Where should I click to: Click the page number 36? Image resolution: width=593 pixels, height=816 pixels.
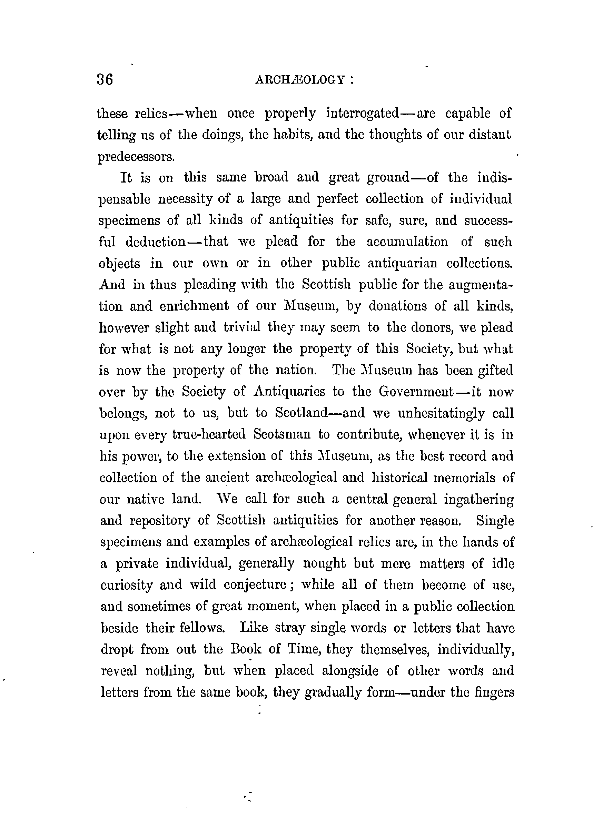point(105,79)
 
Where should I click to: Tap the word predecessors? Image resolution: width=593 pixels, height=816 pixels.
point(136,157)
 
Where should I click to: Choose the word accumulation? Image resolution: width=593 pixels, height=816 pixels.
point(407,242)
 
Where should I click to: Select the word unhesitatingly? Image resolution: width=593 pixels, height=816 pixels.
point(441,413)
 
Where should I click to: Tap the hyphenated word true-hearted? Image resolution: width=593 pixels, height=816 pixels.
point(209,434)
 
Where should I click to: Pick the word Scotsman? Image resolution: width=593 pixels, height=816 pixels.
point(282,434)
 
